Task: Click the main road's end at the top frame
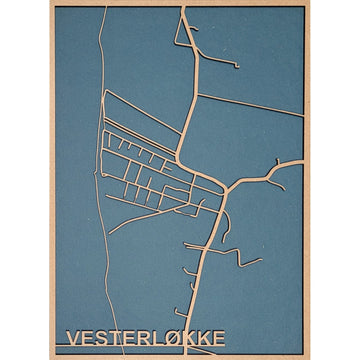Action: (x=185, y=8)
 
